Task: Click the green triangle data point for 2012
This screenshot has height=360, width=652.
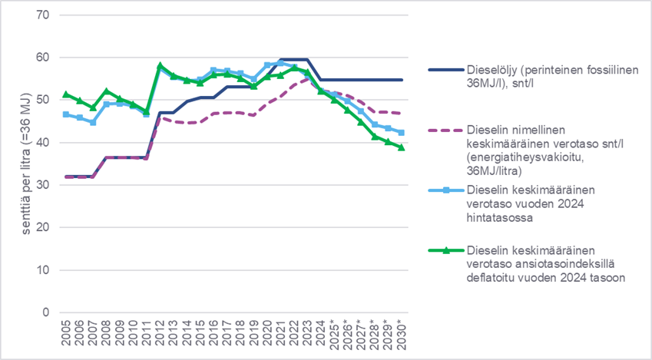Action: tap(160, 66)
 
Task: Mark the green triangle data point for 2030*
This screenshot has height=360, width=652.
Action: tap(401, 147)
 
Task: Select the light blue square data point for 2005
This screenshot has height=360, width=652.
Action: tap(66, 114)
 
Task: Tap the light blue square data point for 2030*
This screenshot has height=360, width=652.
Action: tap(401, 133)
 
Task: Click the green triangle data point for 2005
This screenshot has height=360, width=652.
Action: tap(66, 94)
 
